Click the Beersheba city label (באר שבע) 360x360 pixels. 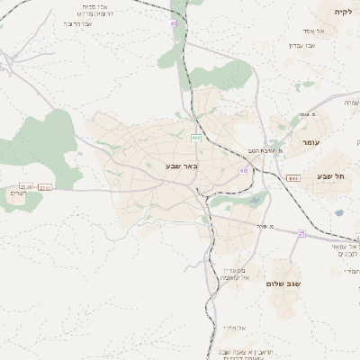181,166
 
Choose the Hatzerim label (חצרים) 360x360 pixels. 18,194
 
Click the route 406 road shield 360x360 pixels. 195,138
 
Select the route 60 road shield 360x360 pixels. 243,169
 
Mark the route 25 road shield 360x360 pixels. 301,233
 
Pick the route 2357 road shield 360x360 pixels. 46,187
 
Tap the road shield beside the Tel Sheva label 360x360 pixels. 293,178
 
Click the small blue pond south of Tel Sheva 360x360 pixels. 339,213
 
